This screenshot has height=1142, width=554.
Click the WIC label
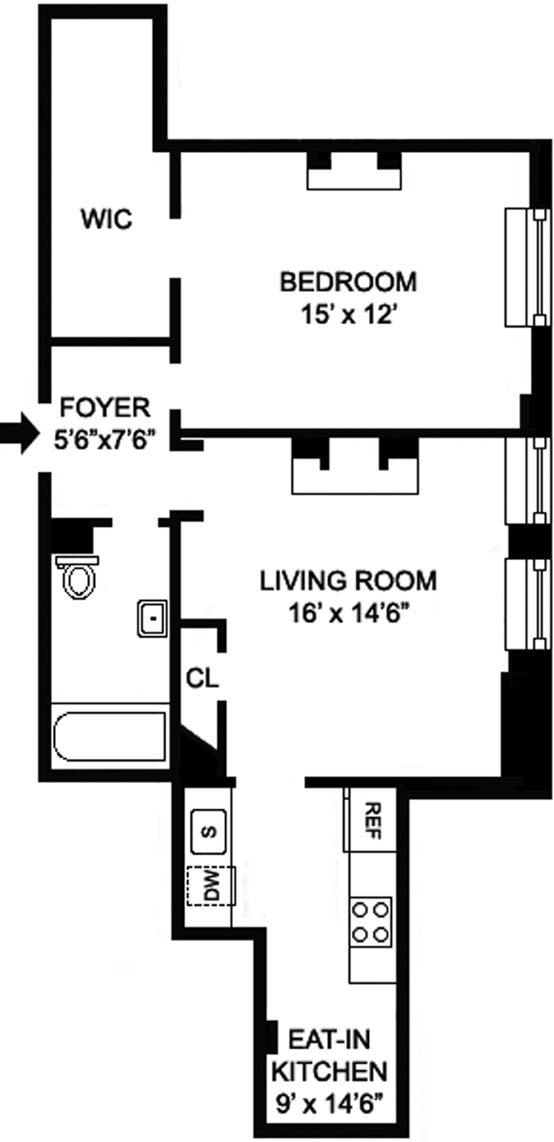[107, 219]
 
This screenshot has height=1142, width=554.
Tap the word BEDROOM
[348, 282]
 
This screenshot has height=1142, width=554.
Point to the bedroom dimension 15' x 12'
[349, 315]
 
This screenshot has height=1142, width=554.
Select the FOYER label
[105, 407]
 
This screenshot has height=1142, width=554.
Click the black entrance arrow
[19, 434]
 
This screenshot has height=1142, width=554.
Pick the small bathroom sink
[152, 618]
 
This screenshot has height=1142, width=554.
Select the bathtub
[109, 736]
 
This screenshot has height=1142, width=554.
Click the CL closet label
[202, 678]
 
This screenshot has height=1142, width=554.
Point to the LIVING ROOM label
[348, 581]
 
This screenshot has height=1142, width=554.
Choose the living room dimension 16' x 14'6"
[350, 614]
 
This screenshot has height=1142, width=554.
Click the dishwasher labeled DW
[211, 887]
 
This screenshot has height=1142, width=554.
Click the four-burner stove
[371, 922]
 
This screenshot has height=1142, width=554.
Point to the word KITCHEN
[329, 1071]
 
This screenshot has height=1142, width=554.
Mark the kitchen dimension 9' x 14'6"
[330, 1103]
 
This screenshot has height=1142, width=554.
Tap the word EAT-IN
[330, 1040]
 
